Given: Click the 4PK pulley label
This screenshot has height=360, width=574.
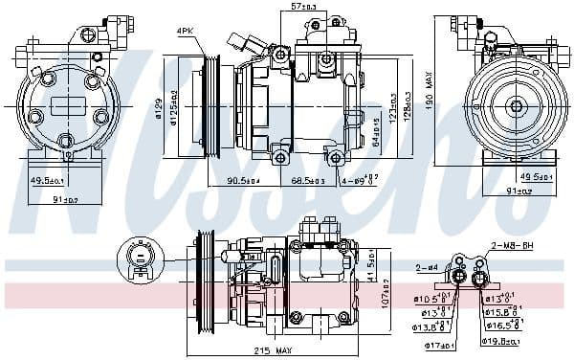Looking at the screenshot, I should coord(185,33).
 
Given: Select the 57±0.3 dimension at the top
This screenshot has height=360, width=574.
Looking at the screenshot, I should coord(303,8).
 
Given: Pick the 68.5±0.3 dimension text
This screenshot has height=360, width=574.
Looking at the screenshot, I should coord(307,181).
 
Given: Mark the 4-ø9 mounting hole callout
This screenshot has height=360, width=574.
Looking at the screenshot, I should coord(359,181).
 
